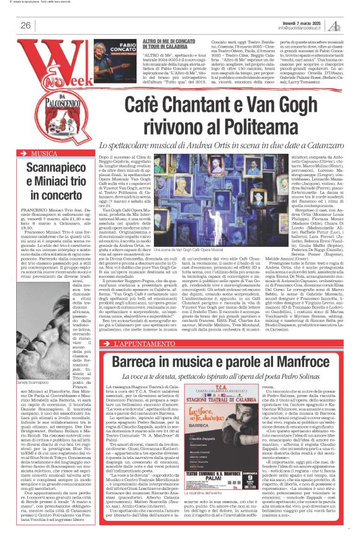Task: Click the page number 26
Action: (x=26, y=25)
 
